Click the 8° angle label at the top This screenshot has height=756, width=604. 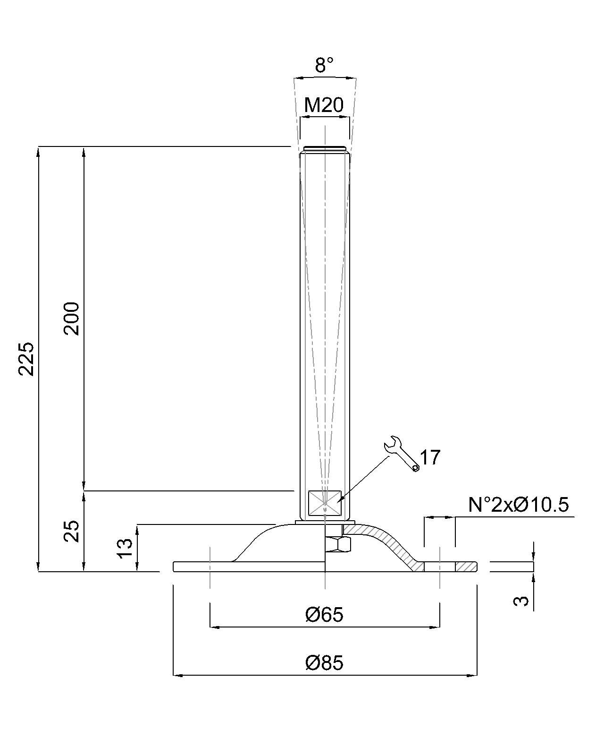[x=324, y=65]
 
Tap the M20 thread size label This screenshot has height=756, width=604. [x=324, y=105]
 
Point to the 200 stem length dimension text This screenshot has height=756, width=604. [x=72, y=318]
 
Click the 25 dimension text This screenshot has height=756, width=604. [x=72, y=531]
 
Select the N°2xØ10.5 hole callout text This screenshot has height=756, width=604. [x=519, y=505]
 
